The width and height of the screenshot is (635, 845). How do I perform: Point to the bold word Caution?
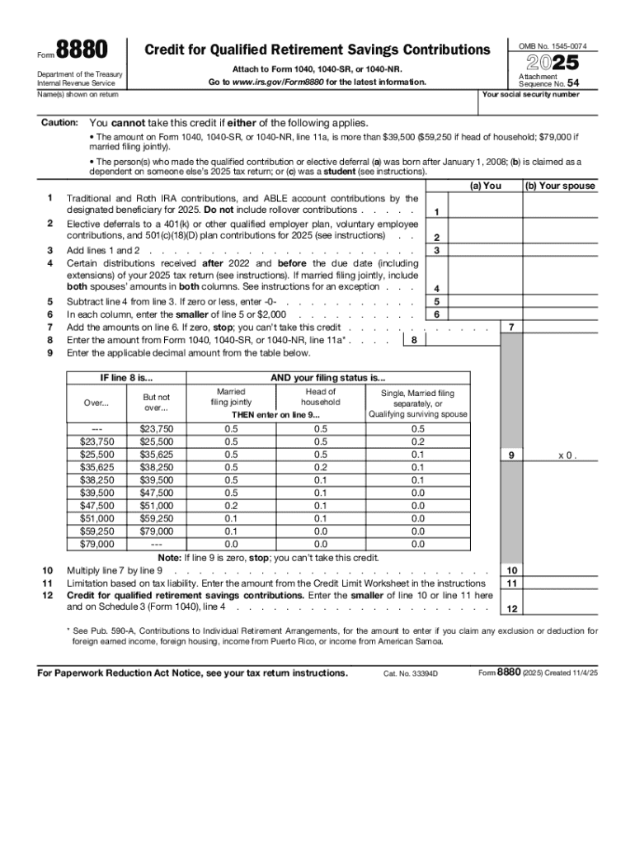[x=59, y=123]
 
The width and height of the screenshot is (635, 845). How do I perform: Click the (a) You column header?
[x=485, y=186]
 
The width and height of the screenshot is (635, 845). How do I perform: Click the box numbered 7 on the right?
[x=511, y=328]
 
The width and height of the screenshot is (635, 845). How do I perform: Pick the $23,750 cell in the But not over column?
[x=156, y=428]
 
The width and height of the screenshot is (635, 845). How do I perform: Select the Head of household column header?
[x=320, y=397]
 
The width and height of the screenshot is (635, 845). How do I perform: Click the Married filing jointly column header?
[x=231, y=397]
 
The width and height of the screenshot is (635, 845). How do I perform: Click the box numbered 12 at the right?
[x=511, y=609]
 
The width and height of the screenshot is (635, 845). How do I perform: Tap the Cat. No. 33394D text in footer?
[x=410, y=673]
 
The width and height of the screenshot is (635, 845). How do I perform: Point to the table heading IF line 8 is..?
[x=120, y=378]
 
